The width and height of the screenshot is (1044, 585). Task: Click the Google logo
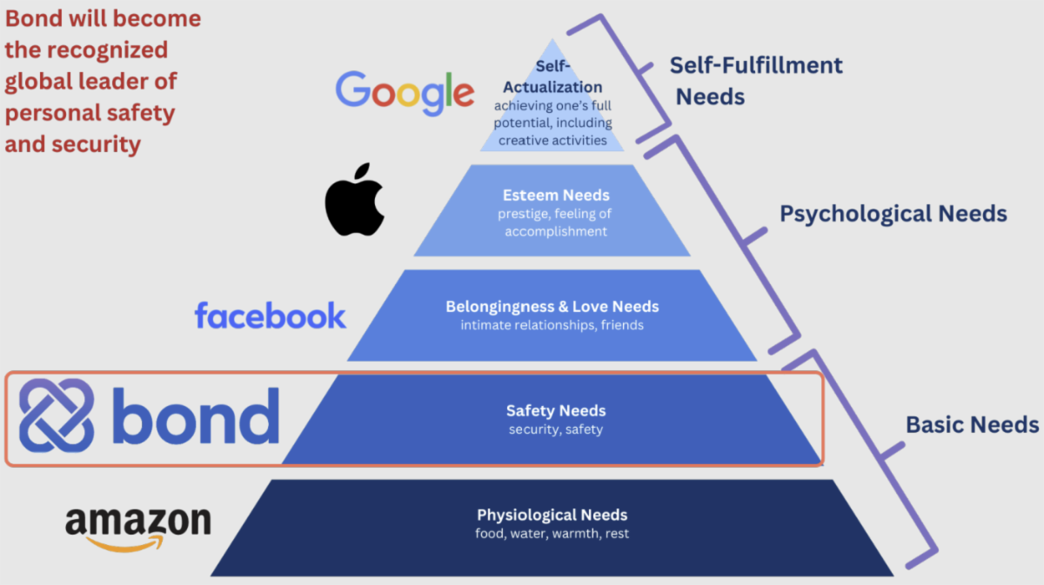coord(405,93)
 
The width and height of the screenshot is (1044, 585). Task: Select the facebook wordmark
coord(270,316)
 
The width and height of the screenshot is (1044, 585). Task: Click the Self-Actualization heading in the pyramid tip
coord(552,78)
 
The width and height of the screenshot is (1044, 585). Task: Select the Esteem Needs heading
coord(556,196)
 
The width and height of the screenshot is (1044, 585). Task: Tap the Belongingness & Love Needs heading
coord(552,307)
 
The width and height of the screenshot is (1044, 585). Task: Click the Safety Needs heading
coord(556,410)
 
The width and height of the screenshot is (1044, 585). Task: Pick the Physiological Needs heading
coord(552,515)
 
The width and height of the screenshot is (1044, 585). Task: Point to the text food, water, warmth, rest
coord(552,533)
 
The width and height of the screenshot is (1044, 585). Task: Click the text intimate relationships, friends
coord(552,325)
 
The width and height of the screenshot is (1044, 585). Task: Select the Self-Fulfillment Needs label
coord(756,80)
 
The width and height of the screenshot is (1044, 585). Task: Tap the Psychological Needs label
coord(893,213)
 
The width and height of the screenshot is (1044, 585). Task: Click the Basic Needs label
coord(972,424)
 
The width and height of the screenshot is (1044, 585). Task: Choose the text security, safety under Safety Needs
coord(556,429)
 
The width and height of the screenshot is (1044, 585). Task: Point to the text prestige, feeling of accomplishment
coord(556,223)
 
